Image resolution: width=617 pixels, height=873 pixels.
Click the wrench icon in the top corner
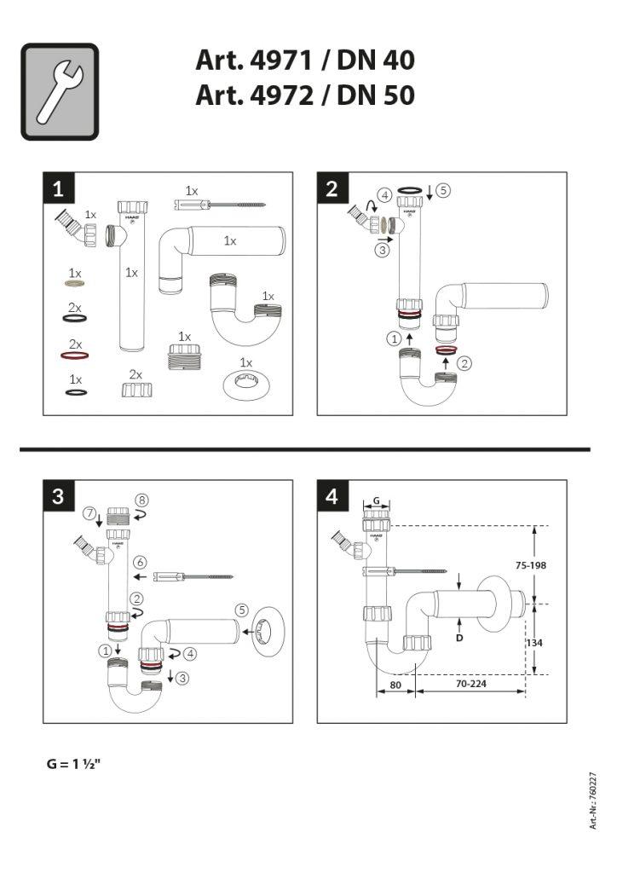click(60, 92)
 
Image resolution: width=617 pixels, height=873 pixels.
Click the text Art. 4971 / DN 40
click(305, 61)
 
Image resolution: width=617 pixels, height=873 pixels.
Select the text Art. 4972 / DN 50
click(305, 95)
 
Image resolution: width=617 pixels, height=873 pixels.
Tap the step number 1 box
click(59, 189)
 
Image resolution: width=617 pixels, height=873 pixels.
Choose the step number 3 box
click(59, 496)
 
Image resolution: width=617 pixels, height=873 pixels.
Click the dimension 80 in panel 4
click(395, 684)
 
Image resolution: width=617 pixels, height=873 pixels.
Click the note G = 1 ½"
click(74, 764)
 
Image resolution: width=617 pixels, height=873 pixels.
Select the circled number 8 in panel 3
click(142, 500)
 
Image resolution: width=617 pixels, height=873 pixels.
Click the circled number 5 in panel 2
click(444, 191)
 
